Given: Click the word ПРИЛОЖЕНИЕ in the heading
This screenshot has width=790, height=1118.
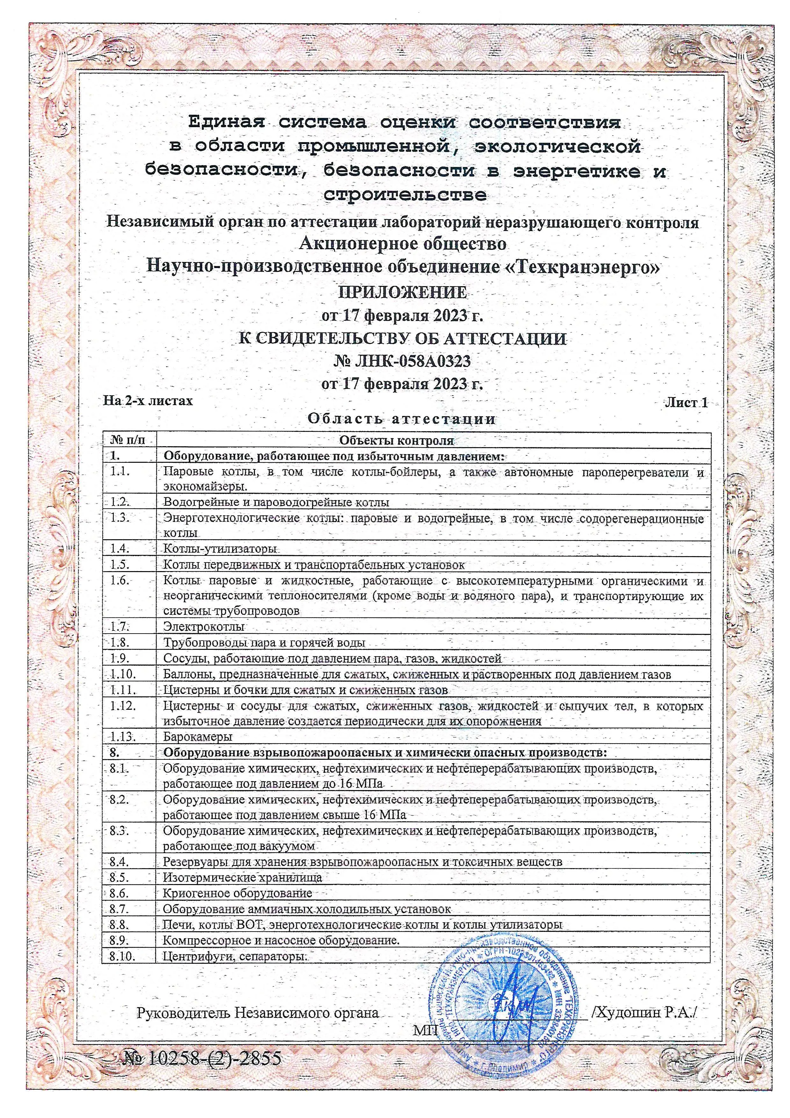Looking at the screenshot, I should [x=402, y=293].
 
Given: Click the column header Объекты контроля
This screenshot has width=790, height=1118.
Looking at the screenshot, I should [x=396, y=441].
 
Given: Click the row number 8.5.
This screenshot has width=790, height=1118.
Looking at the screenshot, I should [x=119, y=877].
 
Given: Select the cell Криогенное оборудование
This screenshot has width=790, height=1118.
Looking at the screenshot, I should [x=237, y=893].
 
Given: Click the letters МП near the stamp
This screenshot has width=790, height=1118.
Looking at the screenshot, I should [x=425, y=1030].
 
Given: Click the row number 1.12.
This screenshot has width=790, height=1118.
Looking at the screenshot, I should [x=122, y=707].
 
